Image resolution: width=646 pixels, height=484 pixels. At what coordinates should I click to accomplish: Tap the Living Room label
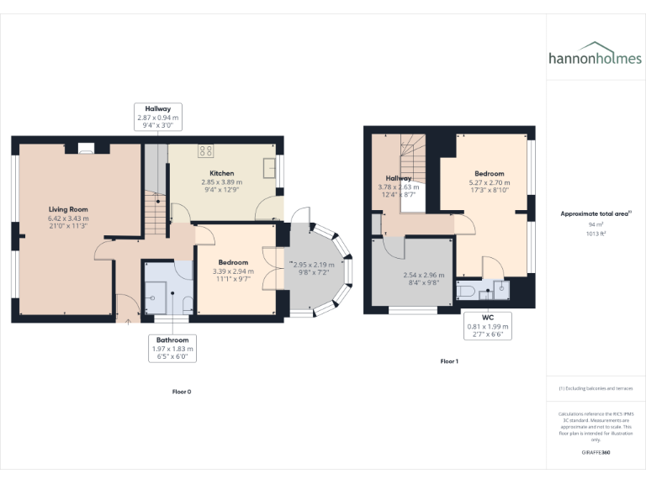68,209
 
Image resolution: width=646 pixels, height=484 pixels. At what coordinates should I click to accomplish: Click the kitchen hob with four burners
206,151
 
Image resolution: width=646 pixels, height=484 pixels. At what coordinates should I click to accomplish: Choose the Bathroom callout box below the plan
172,348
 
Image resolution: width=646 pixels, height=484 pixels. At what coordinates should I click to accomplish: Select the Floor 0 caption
182,392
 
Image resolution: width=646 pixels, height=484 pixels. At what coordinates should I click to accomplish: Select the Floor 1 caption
449,361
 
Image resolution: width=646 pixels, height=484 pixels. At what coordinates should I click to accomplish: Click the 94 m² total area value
596,225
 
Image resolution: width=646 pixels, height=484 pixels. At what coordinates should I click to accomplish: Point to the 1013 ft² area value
596,234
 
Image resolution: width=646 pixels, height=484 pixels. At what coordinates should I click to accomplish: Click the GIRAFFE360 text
596,453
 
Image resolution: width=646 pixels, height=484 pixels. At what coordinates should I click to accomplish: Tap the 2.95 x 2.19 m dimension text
315,266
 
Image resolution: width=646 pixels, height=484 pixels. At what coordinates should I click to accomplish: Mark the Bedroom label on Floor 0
233,262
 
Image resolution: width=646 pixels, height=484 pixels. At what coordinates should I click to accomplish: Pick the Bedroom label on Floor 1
490,173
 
